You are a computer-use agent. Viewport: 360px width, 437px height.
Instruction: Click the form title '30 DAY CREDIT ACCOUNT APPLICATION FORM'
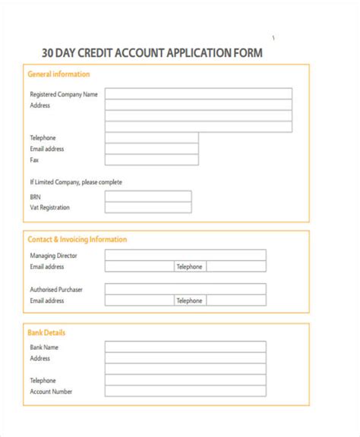(x=152, y=53)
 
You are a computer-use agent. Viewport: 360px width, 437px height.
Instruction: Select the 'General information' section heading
(x=58, y=74)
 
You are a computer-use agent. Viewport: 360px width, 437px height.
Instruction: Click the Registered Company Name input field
(x=198, y=94)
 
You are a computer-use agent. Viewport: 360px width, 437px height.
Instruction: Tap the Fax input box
(x=152, y=160)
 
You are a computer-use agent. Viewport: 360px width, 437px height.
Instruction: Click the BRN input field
(x=148, y=196)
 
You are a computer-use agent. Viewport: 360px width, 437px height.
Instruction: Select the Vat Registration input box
(x=148, y=207)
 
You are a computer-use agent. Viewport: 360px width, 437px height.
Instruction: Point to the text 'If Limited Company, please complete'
(x=76, y=182)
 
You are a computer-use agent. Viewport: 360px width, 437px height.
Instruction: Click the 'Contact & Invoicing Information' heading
(x=77, y=240)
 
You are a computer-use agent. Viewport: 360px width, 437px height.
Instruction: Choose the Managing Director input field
(x=185, y=256)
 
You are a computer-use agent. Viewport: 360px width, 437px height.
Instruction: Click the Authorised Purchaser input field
(x=185, y=289)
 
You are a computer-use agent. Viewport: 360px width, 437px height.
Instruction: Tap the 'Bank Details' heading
(x=46, y=332)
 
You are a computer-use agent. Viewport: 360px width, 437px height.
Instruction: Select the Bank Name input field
(x=185, y=347)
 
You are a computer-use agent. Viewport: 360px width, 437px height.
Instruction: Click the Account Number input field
(x=185, y=391)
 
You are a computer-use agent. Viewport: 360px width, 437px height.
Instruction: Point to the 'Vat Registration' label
(x=50, y=207)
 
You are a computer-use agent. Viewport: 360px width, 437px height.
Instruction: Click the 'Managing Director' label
(x=54, y=256)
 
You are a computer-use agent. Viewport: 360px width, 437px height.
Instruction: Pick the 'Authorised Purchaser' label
(x=57, y=289)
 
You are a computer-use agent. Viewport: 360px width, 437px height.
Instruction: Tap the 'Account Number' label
(x=52, y=391)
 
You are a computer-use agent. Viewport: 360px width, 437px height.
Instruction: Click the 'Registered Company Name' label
(x=64, y=94)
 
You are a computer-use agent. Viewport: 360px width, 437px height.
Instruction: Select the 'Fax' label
(x=34, y=160)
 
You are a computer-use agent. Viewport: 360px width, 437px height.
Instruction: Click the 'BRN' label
(x=36, y=196)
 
